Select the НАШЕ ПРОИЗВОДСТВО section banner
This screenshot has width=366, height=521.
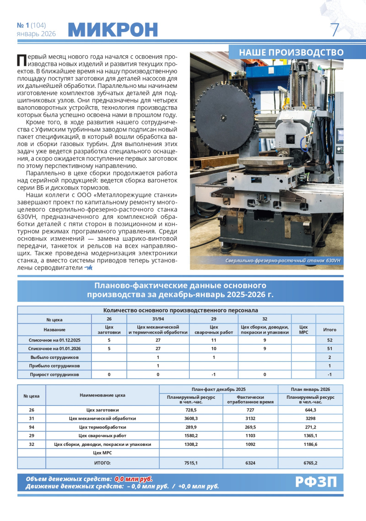coord(291,52)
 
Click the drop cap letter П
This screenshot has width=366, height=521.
coord(21,60)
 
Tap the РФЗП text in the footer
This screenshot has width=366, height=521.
coord(316,482)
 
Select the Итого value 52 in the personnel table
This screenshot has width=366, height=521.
coord(329,340)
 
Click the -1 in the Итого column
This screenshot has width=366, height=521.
coord(329,374)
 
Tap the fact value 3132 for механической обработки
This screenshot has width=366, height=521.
coord(250,418)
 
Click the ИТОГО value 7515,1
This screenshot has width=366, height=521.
coord(191,463)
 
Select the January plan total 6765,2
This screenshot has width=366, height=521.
coord(310,463)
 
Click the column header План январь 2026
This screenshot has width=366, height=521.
coord(310,388)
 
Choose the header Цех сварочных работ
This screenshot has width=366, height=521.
coord(214,330)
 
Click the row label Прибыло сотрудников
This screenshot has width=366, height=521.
coord(54,366)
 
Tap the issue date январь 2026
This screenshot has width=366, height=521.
coord(36,34)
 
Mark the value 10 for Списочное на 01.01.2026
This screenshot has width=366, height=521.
coord(214,348)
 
